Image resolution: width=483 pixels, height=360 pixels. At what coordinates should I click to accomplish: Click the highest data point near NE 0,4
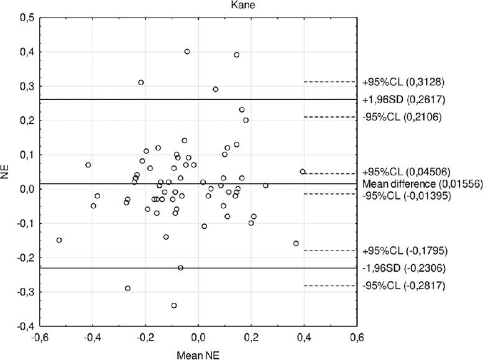pos(187,52)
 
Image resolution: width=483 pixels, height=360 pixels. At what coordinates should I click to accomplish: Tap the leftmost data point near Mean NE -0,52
pos(60,240)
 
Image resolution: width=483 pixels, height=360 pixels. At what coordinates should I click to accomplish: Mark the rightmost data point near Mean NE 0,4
pos(303,172)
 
